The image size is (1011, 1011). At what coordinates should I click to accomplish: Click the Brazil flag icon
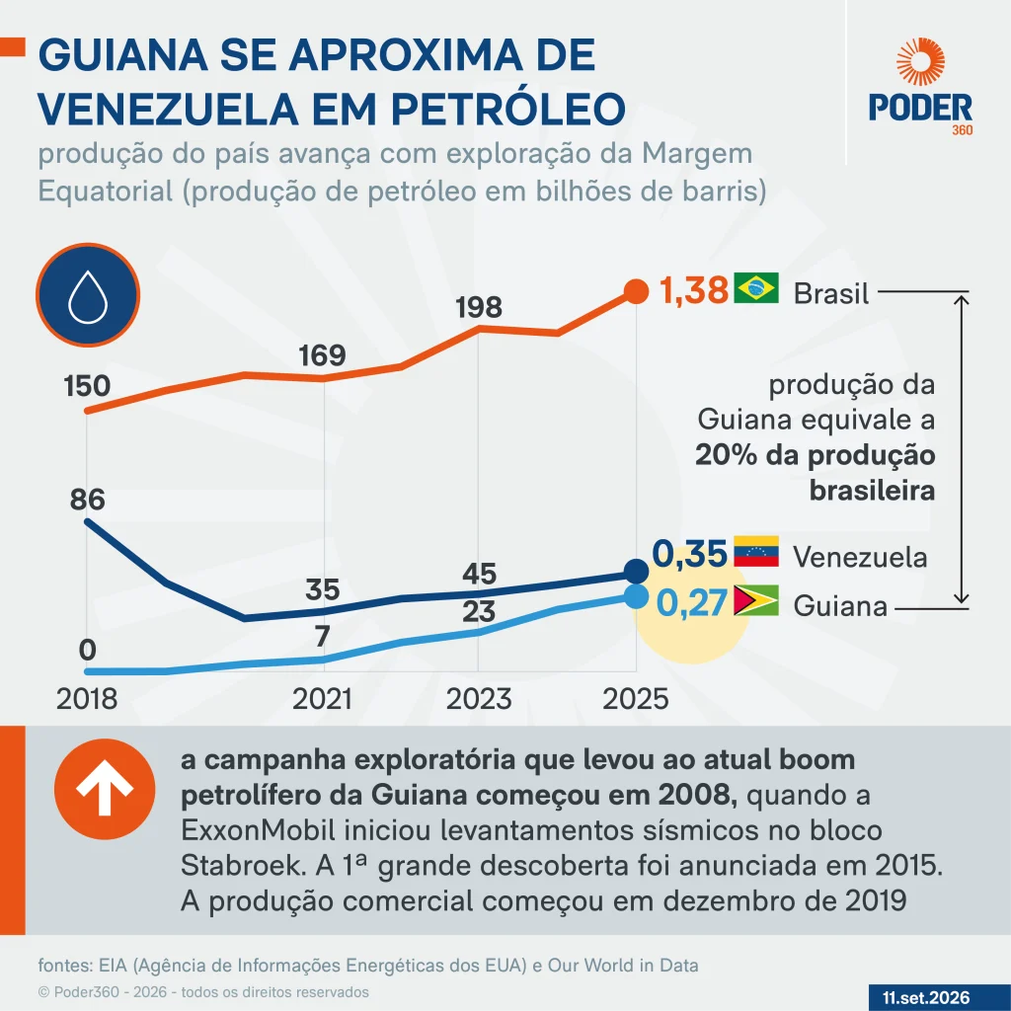(x=756, y=288)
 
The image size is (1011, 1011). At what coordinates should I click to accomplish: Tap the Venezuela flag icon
(x=756, y=551)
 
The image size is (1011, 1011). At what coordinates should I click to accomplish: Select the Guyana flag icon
(x=756, y=600)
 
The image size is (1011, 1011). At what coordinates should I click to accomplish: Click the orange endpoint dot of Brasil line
(x=637, y=291)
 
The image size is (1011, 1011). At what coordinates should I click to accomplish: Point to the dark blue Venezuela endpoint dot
(x=637, y=572)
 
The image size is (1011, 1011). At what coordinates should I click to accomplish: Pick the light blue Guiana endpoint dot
(x=637, y=597)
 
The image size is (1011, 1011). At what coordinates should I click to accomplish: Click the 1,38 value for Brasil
(x=694, y=290)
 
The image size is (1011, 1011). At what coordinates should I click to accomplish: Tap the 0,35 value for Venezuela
(x=689, y=554)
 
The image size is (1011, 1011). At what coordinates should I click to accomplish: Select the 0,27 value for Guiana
(x=691, y=603)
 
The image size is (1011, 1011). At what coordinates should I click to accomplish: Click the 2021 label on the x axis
(x=322, y=699)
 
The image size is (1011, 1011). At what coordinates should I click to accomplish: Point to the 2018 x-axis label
(x=87, y=699)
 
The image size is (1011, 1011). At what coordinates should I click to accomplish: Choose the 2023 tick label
(x=479, y=699)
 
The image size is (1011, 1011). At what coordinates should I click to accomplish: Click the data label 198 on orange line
(x=479, y=308)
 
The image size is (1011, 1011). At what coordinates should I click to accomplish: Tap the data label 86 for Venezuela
(x=87, y=500)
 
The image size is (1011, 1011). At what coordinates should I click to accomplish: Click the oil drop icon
(x=88, y=295)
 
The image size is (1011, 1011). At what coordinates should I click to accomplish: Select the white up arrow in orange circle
(x=105, y=789)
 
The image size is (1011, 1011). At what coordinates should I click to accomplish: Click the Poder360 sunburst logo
(x=921, y=62)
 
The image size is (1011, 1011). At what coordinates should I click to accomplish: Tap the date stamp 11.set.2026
(x=926, y=998)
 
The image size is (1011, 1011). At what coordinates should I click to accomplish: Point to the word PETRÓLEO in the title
(x=508, y=109)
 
